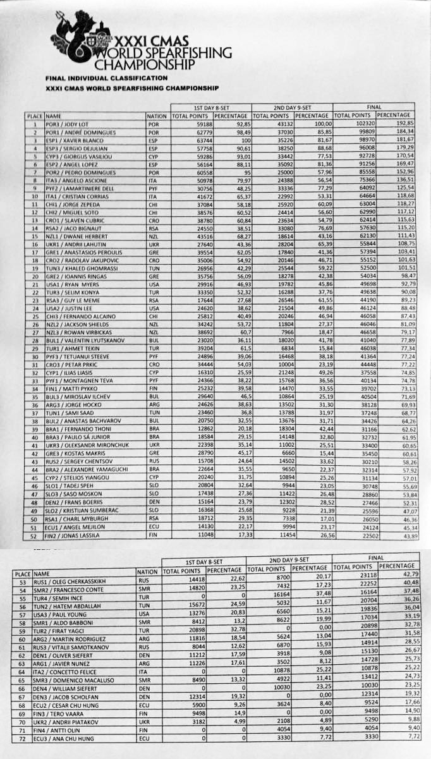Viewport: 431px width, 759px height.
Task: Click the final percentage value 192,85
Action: coord(404,124)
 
